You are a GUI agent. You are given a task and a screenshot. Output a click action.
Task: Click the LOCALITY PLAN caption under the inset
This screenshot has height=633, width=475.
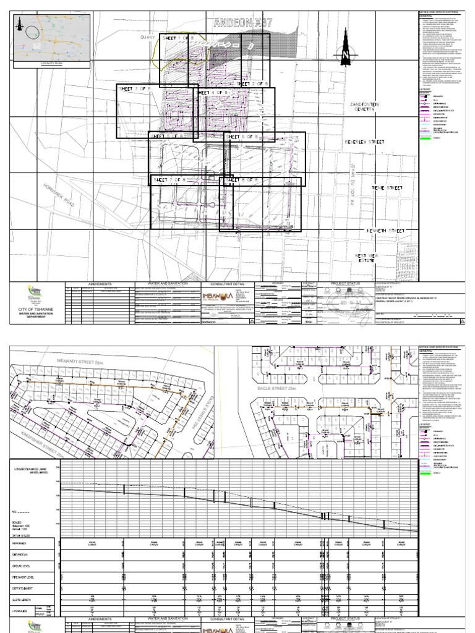pyautogui.click(x=52, y=63)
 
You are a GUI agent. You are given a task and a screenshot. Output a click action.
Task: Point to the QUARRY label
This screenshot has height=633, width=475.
pyautogui.click(x=148, y=38)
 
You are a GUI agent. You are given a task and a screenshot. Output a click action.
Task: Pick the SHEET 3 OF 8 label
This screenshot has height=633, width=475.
pyautogui.click(x=138, y=90)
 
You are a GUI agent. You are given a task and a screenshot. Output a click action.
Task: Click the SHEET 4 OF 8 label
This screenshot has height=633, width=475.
pyautogui.click(x=214, y=92)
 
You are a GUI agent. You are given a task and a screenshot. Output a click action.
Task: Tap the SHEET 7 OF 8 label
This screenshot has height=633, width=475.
pyautogui.click(x=170, y=179)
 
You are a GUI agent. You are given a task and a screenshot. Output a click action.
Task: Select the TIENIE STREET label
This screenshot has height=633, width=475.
pyautogui.click(x=387, y=187)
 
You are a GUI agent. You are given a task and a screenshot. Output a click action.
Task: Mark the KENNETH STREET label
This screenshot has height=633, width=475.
pyautogui.click(x=385, y=231)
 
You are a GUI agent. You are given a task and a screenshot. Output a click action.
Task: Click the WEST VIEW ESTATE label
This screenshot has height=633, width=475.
pyautogui.click(x=366, y=258)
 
